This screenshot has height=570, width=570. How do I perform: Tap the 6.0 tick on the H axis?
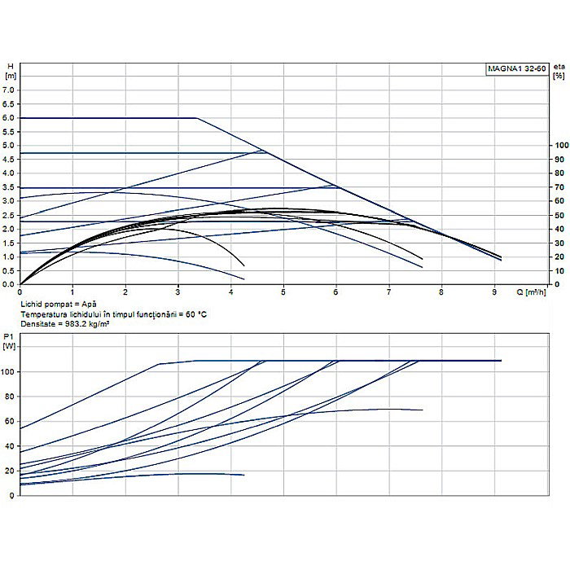pyautogui.click(x=11, y=118)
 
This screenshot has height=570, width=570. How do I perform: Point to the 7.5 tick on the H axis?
pyautogui.click(x=11, y=77)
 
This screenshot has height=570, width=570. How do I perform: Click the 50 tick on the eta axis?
pyautogui.click(x=559, y=215)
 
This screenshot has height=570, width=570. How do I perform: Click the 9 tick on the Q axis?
pyautogui.click(x=494, y=292)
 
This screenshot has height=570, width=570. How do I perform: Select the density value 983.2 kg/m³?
pyautogui.click(x=90, y=323)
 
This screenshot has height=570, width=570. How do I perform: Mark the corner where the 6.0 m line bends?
pyautogui.click(x=197, y=118)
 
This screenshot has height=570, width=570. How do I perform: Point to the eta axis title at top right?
pyautogui.click(x=558, y=70)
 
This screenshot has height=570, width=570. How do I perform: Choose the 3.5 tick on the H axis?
pyautogui.click(x=11, y=187)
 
